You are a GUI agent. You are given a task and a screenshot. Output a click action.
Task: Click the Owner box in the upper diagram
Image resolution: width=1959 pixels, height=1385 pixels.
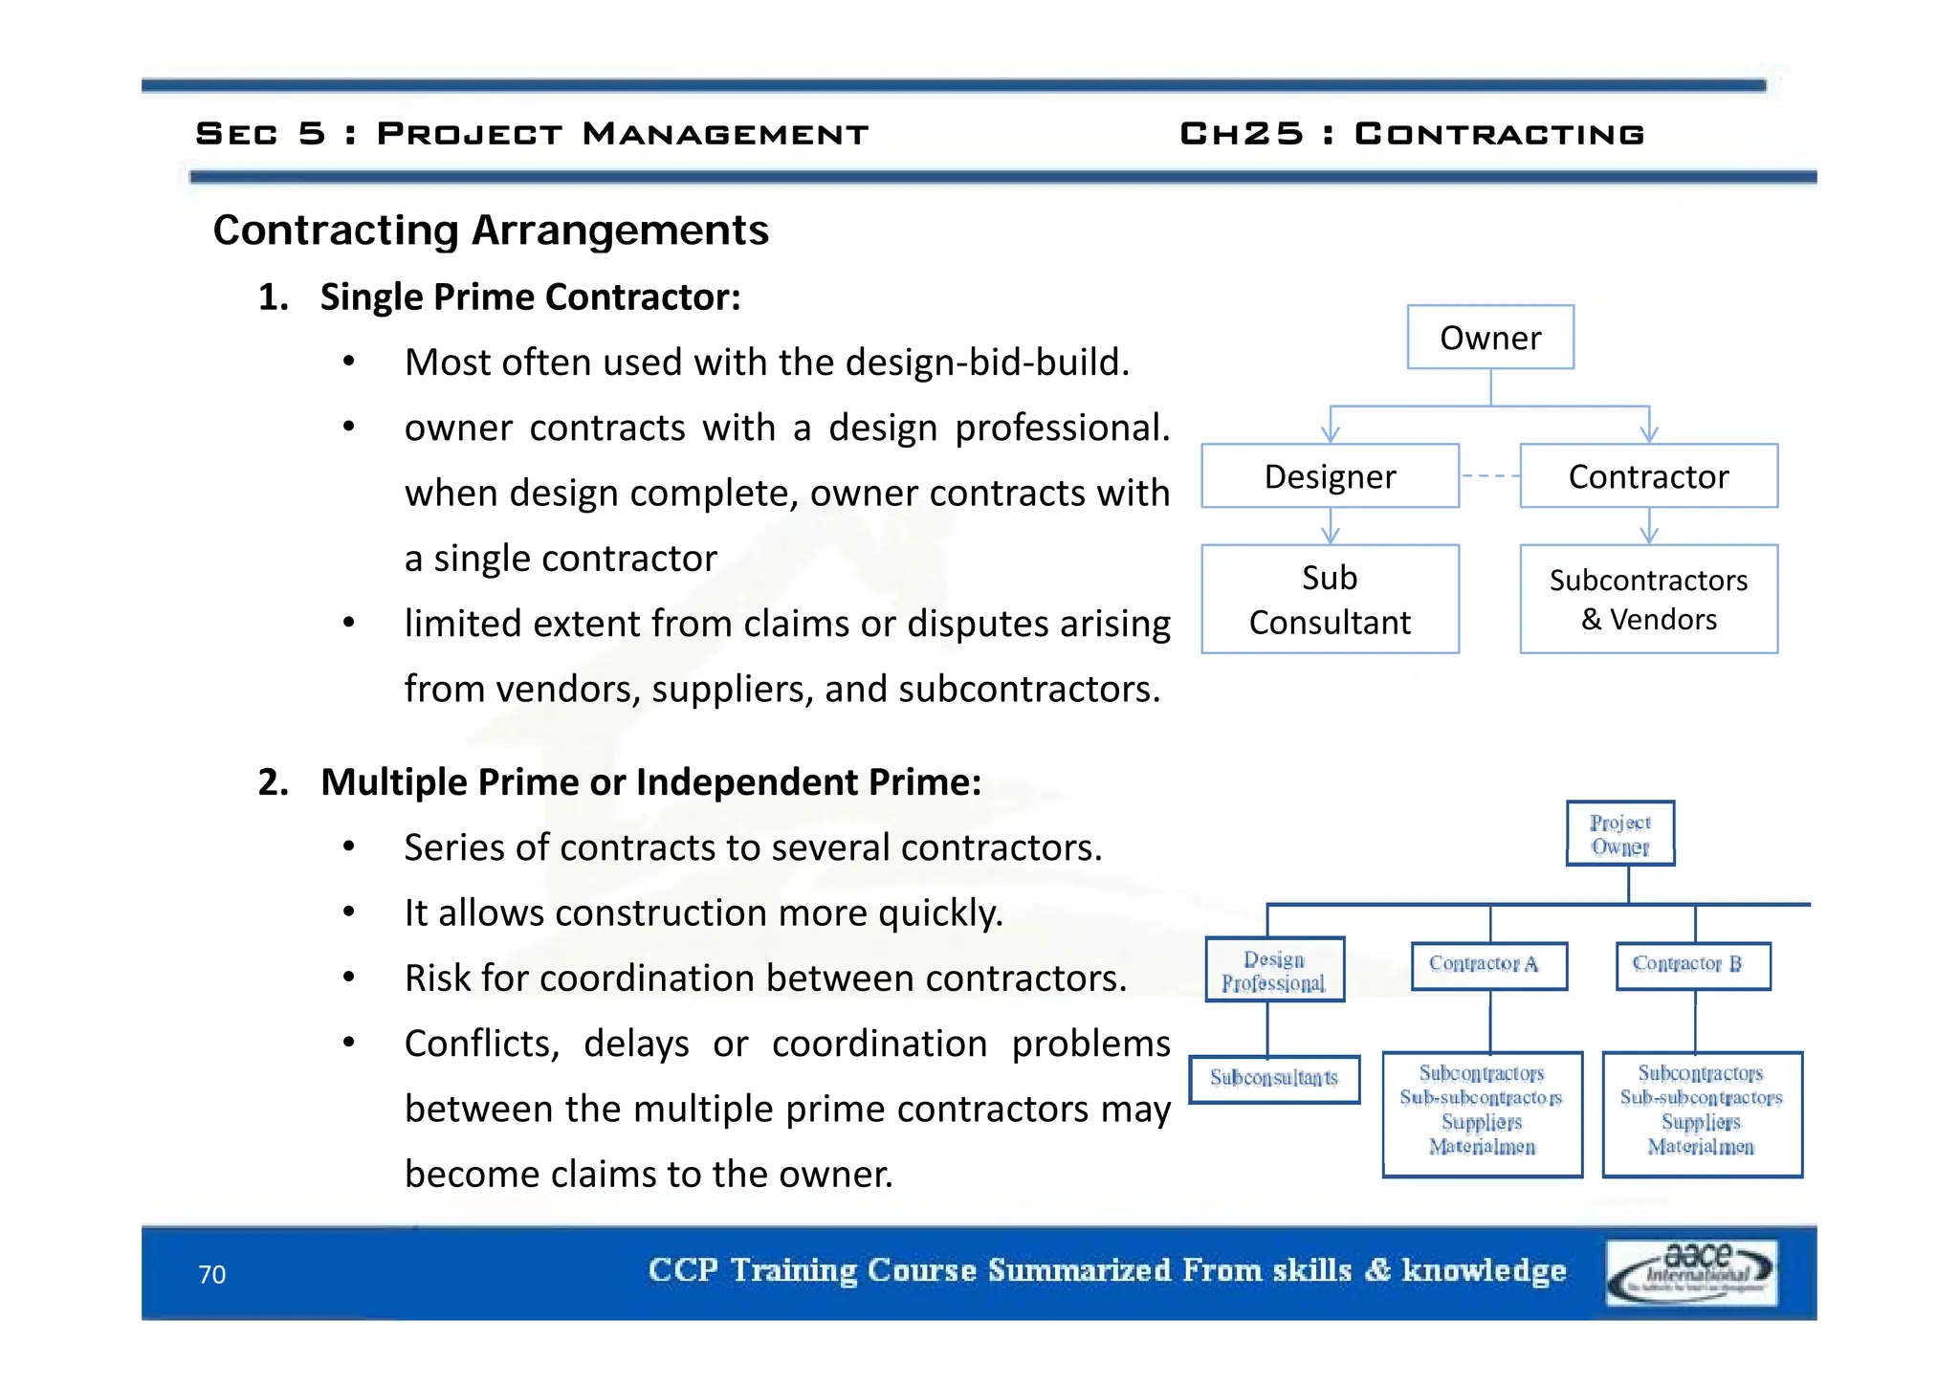[1489, 338]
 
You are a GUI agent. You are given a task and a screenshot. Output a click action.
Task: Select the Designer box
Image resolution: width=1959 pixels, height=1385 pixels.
[1330, 476]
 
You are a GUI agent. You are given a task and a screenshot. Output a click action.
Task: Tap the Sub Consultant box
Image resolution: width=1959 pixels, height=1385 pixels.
[1330, 600]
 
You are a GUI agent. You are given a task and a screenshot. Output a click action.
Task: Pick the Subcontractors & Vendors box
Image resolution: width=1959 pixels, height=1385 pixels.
[1648, 600]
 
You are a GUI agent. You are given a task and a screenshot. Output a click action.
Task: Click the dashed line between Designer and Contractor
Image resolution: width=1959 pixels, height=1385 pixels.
[1489, 476]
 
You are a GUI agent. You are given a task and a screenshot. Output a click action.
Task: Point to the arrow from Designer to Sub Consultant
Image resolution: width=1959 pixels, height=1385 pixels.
[1330, 526]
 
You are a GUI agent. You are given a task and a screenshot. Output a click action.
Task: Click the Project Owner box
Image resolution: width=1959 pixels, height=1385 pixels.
[1619, 834]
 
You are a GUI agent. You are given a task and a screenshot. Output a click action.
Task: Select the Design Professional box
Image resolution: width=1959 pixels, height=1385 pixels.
[1274, 970]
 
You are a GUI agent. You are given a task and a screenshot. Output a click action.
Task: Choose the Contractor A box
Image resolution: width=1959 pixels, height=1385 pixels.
[1488, 965]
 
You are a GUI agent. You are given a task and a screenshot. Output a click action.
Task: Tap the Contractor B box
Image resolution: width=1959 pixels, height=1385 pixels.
[1692, 965]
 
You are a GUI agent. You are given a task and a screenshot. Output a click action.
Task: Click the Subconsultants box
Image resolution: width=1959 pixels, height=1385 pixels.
[1274, 1079]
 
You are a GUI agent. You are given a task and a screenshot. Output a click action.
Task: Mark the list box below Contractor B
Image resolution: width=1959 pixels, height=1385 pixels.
[1702, 1114]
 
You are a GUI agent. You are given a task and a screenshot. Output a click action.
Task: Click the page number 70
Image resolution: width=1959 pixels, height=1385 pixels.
[211, 1275]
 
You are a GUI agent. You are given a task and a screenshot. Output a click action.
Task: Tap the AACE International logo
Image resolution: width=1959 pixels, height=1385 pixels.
[1691, 1273]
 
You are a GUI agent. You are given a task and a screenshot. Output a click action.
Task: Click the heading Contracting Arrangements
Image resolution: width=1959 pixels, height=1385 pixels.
[491, 231]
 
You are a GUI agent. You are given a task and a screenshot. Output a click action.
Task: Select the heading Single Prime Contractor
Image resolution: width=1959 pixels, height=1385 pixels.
[530, 297]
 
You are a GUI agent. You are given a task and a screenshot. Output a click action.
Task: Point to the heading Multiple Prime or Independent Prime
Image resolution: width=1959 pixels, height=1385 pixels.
[650, 782]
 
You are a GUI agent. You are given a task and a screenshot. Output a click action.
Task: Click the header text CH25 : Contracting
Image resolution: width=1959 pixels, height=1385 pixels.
[1412, 134]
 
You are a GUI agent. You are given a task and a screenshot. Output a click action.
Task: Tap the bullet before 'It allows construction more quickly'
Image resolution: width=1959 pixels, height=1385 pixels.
[349, 912]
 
